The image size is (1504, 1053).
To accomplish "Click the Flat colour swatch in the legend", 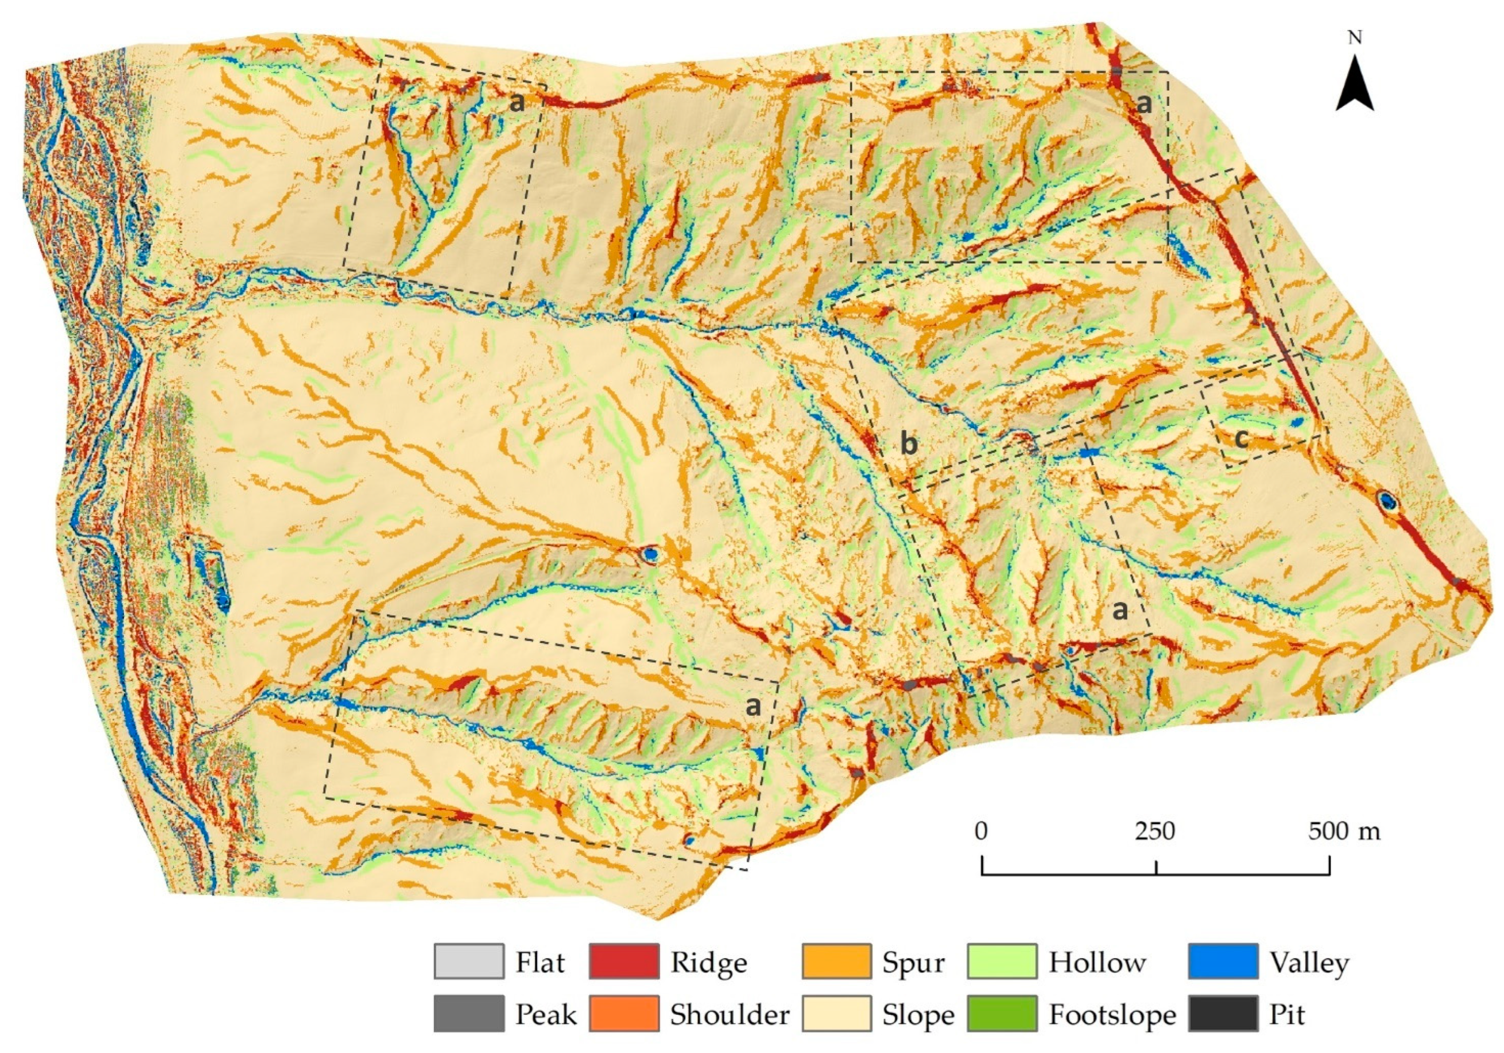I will (x=469, y=961).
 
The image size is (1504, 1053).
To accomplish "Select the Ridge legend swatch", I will (x=624, y=961).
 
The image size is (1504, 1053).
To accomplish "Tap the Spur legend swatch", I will (x=837, y=961).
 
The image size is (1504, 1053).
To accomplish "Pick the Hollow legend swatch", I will (x=1002, y=961).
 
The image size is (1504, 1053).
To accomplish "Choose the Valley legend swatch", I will (x=1223, y=961).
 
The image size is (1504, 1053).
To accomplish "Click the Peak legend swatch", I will (x=469, y=1014).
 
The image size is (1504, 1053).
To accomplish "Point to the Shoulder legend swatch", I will (x=624, y=1014).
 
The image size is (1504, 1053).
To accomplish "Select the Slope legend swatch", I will (x=837, y=1014).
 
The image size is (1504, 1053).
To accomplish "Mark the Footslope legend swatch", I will (x=1002, y=1014).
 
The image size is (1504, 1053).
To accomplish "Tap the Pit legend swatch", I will (x=1223, y=1014).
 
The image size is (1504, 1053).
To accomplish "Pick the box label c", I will (x=1241, y=438).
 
